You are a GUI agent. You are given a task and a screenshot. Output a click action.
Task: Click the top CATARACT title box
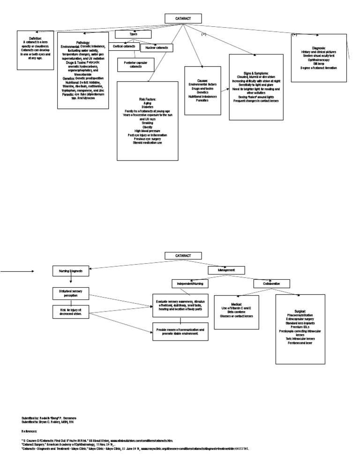[183, 19]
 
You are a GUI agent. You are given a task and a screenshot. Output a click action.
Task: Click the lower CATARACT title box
[183, 255]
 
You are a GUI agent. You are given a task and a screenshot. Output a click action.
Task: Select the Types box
[134, 34]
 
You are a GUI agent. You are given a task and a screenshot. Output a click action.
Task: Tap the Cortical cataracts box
[124, 46]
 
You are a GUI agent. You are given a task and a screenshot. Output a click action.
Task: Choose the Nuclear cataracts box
[157, 48]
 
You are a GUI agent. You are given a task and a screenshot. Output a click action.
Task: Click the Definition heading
[35, 38]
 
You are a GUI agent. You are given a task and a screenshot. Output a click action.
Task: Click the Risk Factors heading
[148, 99]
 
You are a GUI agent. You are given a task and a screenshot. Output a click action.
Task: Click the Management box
[226, 270]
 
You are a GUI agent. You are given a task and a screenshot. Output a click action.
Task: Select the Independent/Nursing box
[190, 284]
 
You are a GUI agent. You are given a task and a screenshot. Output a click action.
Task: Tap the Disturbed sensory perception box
[70, 294]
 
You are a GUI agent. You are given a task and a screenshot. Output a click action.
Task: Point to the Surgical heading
[300, 311]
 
